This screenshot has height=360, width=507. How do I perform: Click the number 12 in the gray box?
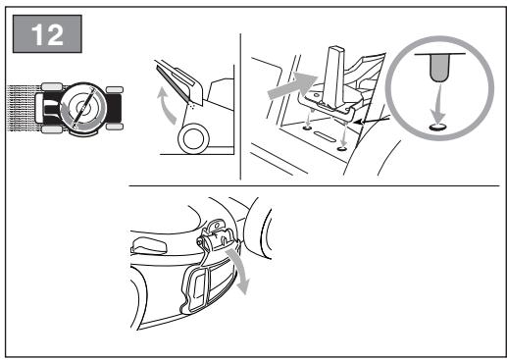tap(47, 34)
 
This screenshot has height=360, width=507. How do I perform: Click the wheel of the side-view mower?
tap(193, 138)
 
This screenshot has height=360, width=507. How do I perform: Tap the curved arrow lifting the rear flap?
tap(166, 106)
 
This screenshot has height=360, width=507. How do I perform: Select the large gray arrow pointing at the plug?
tap(291, 85)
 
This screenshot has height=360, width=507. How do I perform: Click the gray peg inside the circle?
tap(439, 68)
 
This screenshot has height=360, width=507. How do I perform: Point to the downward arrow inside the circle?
tap(438, 104)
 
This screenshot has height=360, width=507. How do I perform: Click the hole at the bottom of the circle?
tap(437, 128)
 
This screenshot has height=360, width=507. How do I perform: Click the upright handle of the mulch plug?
tap(335, 77)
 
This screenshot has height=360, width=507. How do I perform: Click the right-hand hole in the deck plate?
tap(342, 149)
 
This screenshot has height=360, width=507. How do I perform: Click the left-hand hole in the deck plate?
tap(307, 128)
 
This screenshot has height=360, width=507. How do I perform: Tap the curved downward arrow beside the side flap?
tap(239, 271)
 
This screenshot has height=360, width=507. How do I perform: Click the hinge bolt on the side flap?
tap(199, 241)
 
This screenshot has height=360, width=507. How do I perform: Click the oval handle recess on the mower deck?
tap(148, 245)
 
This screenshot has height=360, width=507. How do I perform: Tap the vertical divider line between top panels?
tap(240, 107)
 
